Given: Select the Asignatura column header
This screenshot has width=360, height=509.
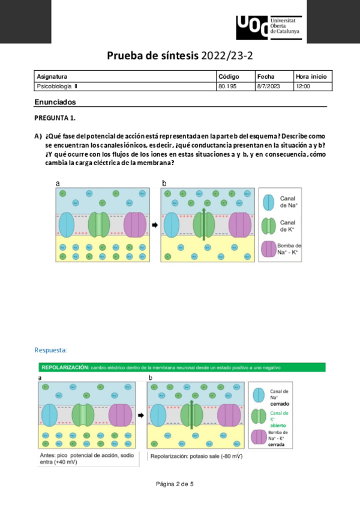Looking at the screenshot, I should [52, 77].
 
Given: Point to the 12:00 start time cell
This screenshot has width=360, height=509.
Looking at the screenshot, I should [303, 86].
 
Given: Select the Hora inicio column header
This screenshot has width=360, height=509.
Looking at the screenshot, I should [311, 77].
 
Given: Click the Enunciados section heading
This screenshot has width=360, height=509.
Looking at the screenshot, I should [55, 102].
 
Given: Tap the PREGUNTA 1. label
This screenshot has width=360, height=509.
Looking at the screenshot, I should [55, 118].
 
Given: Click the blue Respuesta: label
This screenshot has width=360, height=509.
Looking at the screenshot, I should [51, 350].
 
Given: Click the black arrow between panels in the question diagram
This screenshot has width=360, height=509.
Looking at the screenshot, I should [154, 226].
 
